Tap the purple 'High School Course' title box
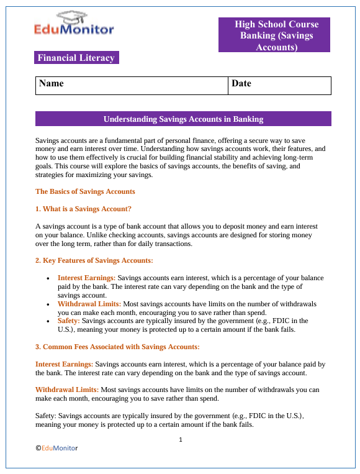[x=276, y=35]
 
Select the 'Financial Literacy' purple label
[x=76, y=58]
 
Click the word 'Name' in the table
[x=52, y=83]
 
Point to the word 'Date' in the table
[x=241, y=83]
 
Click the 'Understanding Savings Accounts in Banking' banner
[x=183, y=119]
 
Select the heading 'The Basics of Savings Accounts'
[x=85, y=191]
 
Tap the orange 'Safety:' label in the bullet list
[x=69, y=321]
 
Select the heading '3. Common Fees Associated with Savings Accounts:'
[x=117, y=346]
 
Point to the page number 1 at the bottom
[x=180, y=440]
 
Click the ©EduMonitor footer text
[x=56, y=448]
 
